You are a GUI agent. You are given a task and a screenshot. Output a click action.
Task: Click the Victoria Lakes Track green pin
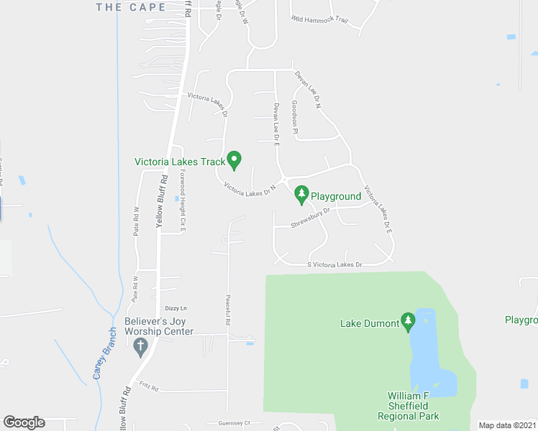pyautogui.click(x=234, y=159)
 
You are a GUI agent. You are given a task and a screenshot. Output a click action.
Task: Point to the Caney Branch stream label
pyautogui.click(x=104, y=353)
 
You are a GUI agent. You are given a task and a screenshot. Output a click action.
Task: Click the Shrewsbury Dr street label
pyautogui.click(x=309, y=218)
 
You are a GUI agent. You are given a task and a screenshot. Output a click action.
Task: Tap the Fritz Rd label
pyautogui.click(x=149, y=387)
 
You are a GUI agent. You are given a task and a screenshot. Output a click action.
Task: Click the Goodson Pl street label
pyautogui.click(x=294, y=114)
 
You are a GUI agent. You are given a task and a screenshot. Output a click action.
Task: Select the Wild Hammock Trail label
pyautogui.click(x=319, y=20)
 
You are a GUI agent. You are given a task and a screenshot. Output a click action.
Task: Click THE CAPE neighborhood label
pyautogui.click(x=130, y=7)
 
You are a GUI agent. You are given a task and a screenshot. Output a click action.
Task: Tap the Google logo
pyautogui.click(x=24, y=422)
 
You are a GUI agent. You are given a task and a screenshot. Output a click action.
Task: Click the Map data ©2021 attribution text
pyautogui.click(x=508, y=425)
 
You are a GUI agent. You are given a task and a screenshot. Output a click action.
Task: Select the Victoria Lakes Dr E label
pyautogui.click(x=377, y=209)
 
